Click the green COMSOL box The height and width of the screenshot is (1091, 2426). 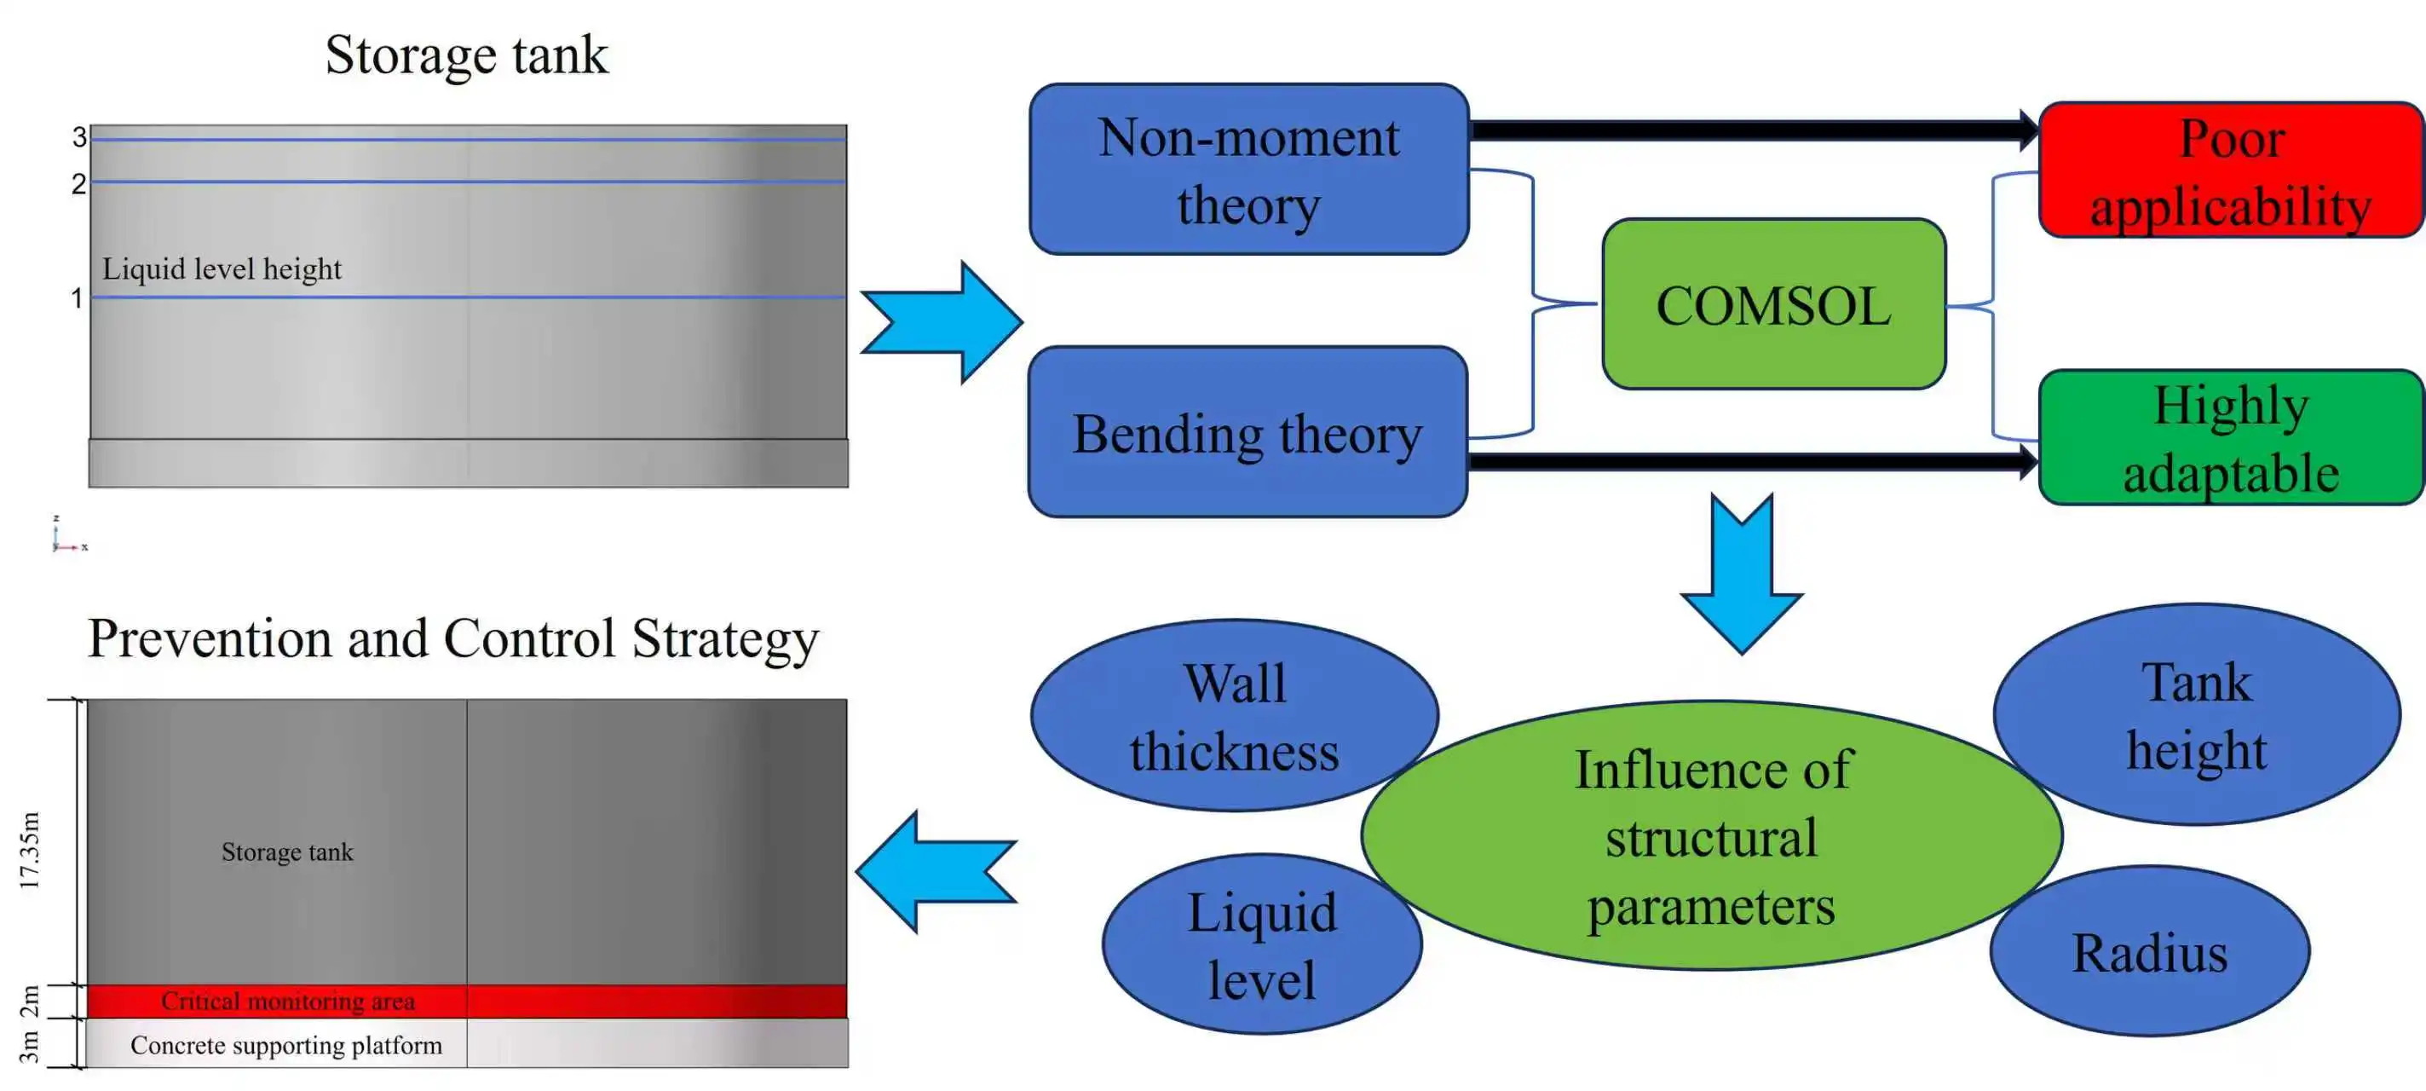pos(1773,304)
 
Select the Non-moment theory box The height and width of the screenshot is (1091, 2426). pos(1248,170)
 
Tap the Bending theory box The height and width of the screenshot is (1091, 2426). pos(1248,432)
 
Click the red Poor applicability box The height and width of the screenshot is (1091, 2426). pos(2230,170)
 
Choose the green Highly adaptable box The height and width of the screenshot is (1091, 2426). pos(2230,438)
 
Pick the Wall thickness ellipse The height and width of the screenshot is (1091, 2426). pos(1234,716)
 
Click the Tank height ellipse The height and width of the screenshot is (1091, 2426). pos(2196,715)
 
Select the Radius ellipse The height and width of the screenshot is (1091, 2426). pos(2149,951)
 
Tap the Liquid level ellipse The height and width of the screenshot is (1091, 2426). pos(1261,945)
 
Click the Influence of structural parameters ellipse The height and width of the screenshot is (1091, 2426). pos(1711,835)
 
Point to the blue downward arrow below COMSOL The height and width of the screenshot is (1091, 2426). pos(1742,574)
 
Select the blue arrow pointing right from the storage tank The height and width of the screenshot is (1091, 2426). pos(942,322)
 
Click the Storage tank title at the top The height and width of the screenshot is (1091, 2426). pos(466,55)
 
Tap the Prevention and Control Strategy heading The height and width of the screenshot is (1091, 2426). pos(453,638)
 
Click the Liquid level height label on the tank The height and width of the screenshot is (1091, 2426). pos(222,269)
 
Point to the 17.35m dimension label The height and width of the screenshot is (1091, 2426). pos(30,850)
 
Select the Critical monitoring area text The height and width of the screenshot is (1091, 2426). pos(287,1001)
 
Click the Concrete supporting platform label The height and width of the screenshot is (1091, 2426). pos(285,1045)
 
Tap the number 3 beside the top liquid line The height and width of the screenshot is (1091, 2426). pos(79,137)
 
